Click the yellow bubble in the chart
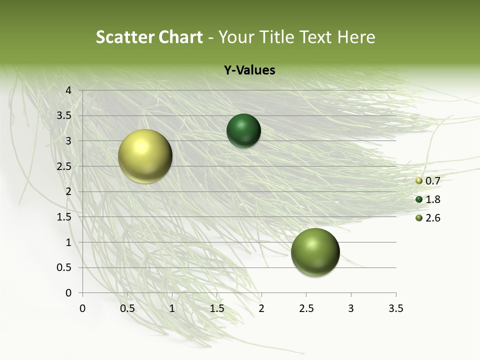145,156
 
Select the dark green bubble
243,131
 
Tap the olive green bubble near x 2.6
315,252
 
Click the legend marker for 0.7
419,181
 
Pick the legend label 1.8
432,199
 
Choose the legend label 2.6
432,218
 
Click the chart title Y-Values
249,70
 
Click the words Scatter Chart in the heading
149,37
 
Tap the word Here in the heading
356,37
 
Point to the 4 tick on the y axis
68,90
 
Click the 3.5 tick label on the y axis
64,116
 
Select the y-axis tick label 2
68,191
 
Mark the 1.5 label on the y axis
64,217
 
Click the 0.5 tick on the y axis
64,267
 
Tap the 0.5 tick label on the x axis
127,308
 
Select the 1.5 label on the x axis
216,308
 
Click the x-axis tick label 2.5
306,308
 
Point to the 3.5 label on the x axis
395,308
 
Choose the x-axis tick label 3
351,308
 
